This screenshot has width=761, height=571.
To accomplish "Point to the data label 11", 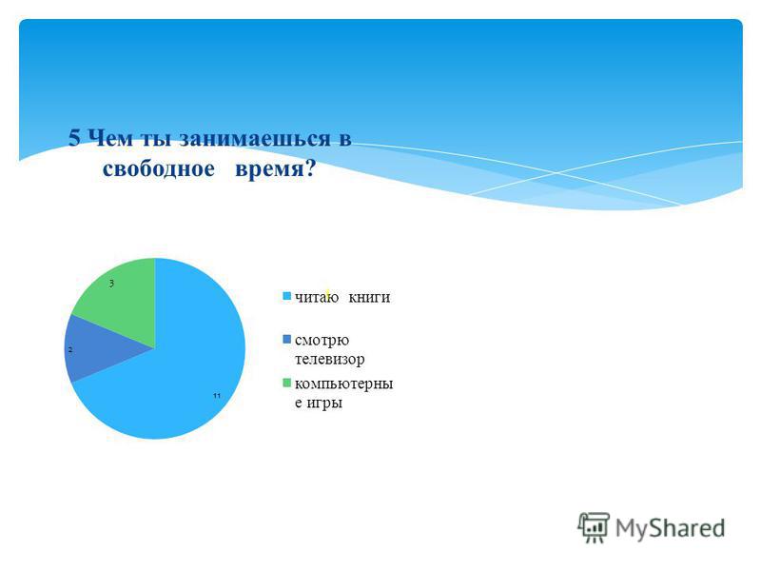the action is (217, 396).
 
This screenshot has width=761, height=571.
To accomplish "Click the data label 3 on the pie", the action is (111, 284).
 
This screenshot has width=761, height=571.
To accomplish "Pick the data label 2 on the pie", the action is (70, 349).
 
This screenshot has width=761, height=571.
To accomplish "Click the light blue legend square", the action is (287, 296).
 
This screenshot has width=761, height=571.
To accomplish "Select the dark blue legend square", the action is (287, 339).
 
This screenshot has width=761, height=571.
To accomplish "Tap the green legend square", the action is (287, 384).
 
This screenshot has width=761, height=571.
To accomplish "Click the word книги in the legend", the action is (369, 297).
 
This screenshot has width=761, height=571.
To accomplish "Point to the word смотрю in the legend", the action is (322, 341).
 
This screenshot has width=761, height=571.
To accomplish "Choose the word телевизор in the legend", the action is (329, 360).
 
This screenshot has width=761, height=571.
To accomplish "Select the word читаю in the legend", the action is (317, 297).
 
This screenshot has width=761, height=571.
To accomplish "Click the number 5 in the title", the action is (74, 138).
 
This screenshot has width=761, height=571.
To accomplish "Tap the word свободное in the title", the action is (158, 168).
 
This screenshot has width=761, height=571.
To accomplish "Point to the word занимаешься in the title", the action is (255, 138).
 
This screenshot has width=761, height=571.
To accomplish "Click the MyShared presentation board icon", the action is (594, 527).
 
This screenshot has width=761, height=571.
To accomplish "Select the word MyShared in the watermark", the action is (671, 528).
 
